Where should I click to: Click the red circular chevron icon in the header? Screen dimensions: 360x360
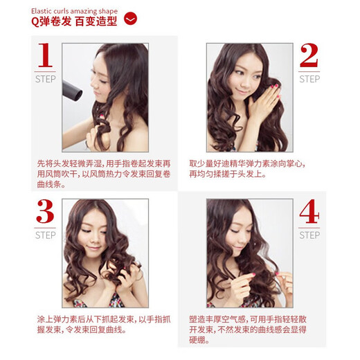130,19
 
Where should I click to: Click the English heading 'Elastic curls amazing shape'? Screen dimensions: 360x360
74,11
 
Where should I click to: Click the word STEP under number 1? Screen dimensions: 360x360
45,79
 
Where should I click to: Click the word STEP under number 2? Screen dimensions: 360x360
309,79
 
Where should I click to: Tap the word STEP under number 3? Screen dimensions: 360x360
45,235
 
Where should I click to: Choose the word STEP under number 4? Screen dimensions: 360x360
309,235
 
